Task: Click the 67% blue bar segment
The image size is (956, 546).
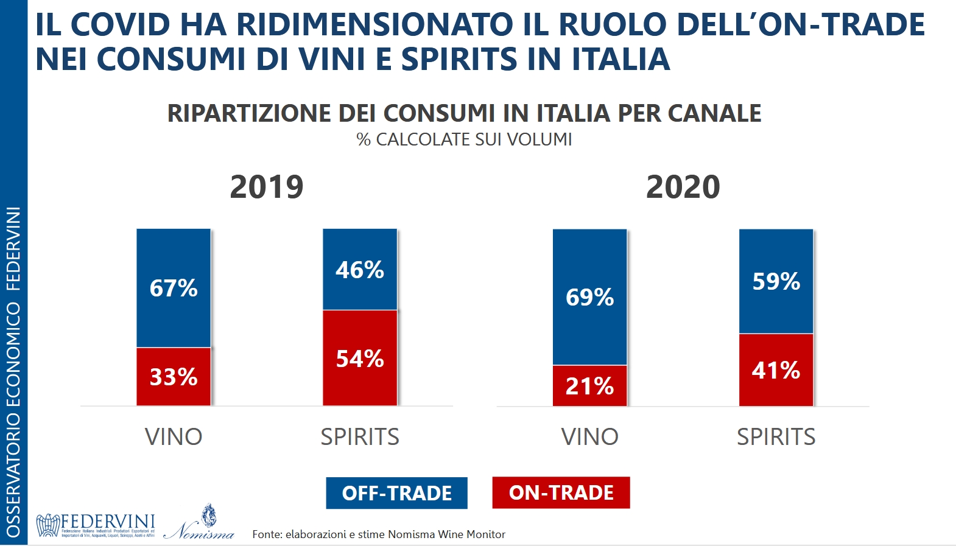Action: (174, 288)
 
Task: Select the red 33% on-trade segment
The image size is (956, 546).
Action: (174, 377)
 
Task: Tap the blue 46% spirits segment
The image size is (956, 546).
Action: (360, 270)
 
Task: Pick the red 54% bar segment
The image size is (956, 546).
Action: (360, 358)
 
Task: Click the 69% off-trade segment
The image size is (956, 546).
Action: (589, 297)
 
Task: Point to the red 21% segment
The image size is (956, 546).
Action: (589, 386)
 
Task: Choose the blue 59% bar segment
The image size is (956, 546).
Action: (776, 281)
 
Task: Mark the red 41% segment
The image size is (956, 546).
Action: (776, 370)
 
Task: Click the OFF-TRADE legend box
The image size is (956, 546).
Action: (396, 493)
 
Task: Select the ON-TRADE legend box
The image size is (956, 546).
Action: (561, 492)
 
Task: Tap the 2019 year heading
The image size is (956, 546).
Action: (267, 187)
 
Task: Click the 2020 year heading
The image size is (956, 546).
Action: (683, 187)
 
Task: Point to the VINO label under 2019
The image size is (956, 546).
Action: (174, 437)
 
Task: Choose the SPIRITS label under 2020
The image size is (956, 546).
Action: (776, 437)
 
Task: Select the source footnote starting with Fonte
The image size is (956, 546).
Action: (379, 534)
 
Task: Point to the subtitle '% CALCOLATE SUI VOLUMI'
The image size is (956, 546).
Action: (464, 139)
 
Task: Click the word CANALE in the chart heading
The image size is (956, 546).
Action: (714, 113)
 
